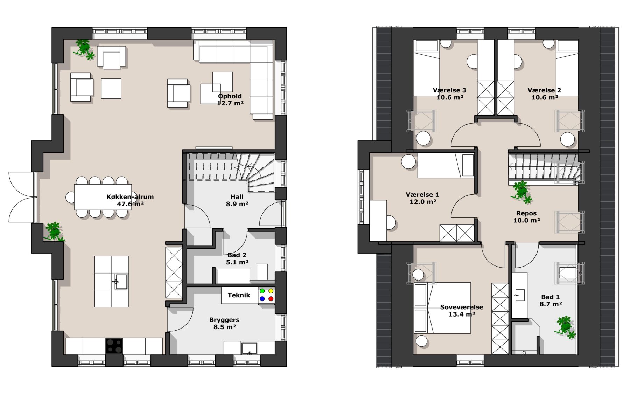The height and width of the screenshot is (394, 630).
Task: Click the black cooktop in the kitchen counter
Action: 114,346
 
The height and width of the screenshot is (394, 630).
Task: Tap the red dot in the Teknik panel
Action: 271,299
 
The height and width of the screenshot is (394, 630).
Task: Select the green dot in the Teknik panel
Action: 262,291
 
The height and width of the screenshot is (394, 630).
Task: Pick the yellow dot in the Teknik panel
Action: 271,291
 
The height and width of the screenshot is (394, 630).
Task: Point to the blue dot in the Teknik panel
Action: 262,299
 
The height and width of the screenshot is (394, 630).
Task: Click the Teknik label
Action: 239,295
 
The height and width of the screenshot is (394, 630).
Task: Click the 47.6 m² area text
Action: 130,204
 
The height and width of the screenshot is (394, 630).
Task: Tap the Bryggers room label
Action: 224,320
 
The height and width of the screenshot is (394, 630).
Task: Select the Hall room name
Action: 237,197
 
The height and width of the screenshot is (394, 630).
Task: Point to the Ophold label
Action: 230,96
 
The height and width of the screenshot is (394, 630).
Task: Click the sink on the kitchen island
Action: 121,282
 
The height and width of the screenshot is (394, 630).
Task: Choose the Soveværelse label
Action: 462,307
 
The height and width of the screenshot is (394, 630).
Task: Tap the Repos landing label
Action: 526,213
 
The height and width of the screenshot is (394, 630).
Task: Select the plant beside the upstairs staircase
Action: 521,192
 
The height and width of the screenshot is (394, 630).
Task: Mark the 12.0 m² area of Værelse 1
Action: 423,202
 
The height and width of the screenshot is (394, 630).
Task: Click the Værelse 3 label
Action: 449,90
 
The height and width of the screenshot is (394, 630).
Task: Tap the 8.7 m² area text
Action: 551,304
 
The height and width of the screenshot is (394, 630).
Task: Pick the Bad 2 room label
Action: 237,255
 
